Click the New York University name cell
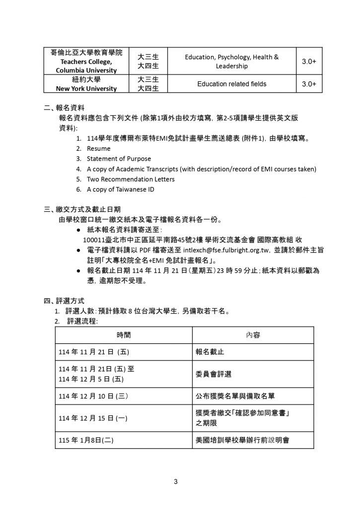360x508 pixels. [83, 84]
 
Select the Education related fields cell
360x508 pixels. [231, 84]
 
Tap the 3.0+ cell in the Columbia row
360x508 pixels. [309, 61]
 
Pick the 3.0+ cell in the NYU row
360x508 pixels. [309, 84]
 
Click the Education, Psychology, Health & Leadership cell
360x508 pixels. [231, 61]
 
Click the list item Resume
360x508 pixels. [98, 148]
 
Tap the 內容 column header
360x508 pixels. [253, 334]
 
